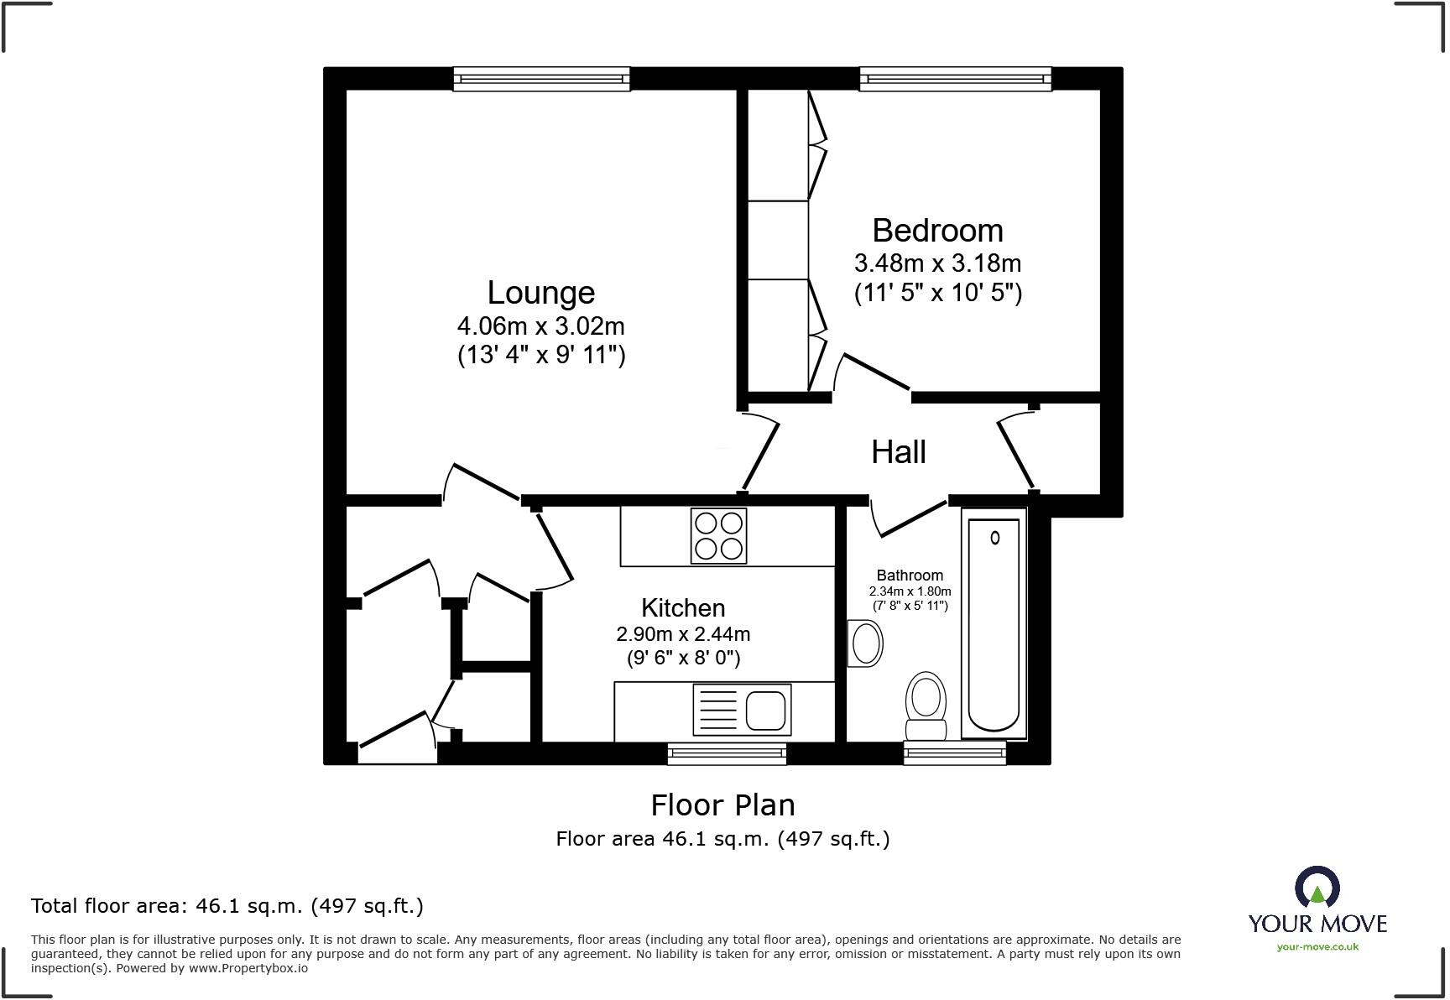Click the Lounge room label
pyautogui.click(x=541, y=293)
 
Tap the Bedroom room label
pyautogui.click(x=937, y=231)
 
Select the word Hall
pyautogui.click(x=898, y=452)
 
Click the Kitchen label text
pyautogui.click(x=683, y=607)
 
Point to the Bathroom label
pyautogui.click(x=910, y=576)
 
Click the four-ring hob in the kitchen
pyautogui.click(x=719, y=536)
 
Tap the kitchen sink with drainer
pyautogui.click(x=742, y=710)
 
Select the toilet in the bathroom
pyautogui.click(x=926, y=705)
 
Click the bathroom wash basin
pyautogui.click(x=865, y=644)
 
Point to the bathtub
pyautogui.click(x=994, y=625)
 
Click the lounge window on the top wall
pyautogui.click(x=541, y=79)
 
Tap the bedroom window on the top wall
pyautogui.click(x=955, y=79)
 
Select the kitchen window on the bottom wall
pyautogui.click(x=727, y=753)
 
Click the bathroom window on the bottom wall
pyautogui.click(x=955, y=753)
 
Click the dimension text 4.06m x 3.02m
pyautogui.click(x=541, y=326)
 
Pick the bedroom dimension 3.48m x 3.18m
pyautogui.click(x=937, y=263)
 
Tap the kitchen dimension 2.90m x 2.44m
pyautogui.click(x=683, y=634)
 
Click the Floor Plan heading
pyautogui.click(x=722, y=805)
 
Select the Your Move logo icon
pyautogui.click(x=1317, y=888)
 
